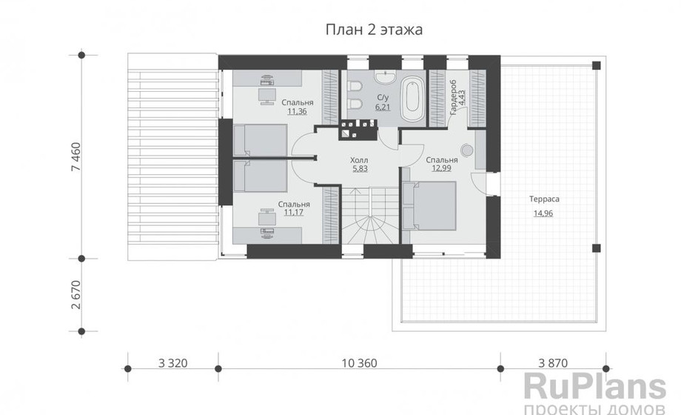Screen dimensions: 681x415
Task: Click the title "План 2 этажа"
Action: click(374, 30)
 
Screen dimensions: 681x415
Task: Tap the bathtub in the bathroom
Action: click(412, 99)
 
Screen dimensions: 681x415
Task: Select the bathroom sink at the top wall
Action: click(386, 76)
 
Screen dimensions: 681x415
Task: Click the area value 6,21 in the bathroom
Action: click(383, 107)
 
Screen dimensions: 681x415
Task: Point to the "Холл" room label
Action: click(359, 160)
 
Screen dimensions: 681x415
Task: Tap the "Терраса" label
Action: click(544, 199)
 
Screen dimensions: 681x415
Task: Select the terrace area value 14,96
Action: click(543, 213)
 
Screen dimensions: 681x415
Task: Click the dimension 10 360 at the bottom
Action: click(360, 363)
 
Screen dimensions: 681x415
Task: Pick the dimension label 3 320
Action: click(173, 363)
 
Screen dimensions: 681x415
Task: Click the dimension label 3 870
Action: click(553, 363)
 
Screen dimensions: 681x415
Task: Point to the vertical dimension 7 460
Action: click(76, 156)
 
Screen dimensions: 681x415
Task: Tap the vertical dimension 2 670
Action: click(76, 295)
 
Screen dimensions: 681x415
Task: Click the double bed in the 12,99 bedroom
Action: click(429, 206)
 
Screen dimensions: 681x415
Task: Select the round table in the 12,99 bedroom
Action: click(467, 150)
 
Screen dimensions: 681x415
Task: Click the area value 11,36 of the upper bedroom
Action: click(297, 111)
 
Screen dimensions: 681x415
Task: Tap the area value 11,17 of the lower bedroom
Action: click(294, 212)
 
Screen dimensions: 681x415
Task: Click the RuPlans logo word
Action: click(595, 386)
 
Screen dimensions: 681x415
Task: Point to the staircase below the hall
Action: click(370, 216)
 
